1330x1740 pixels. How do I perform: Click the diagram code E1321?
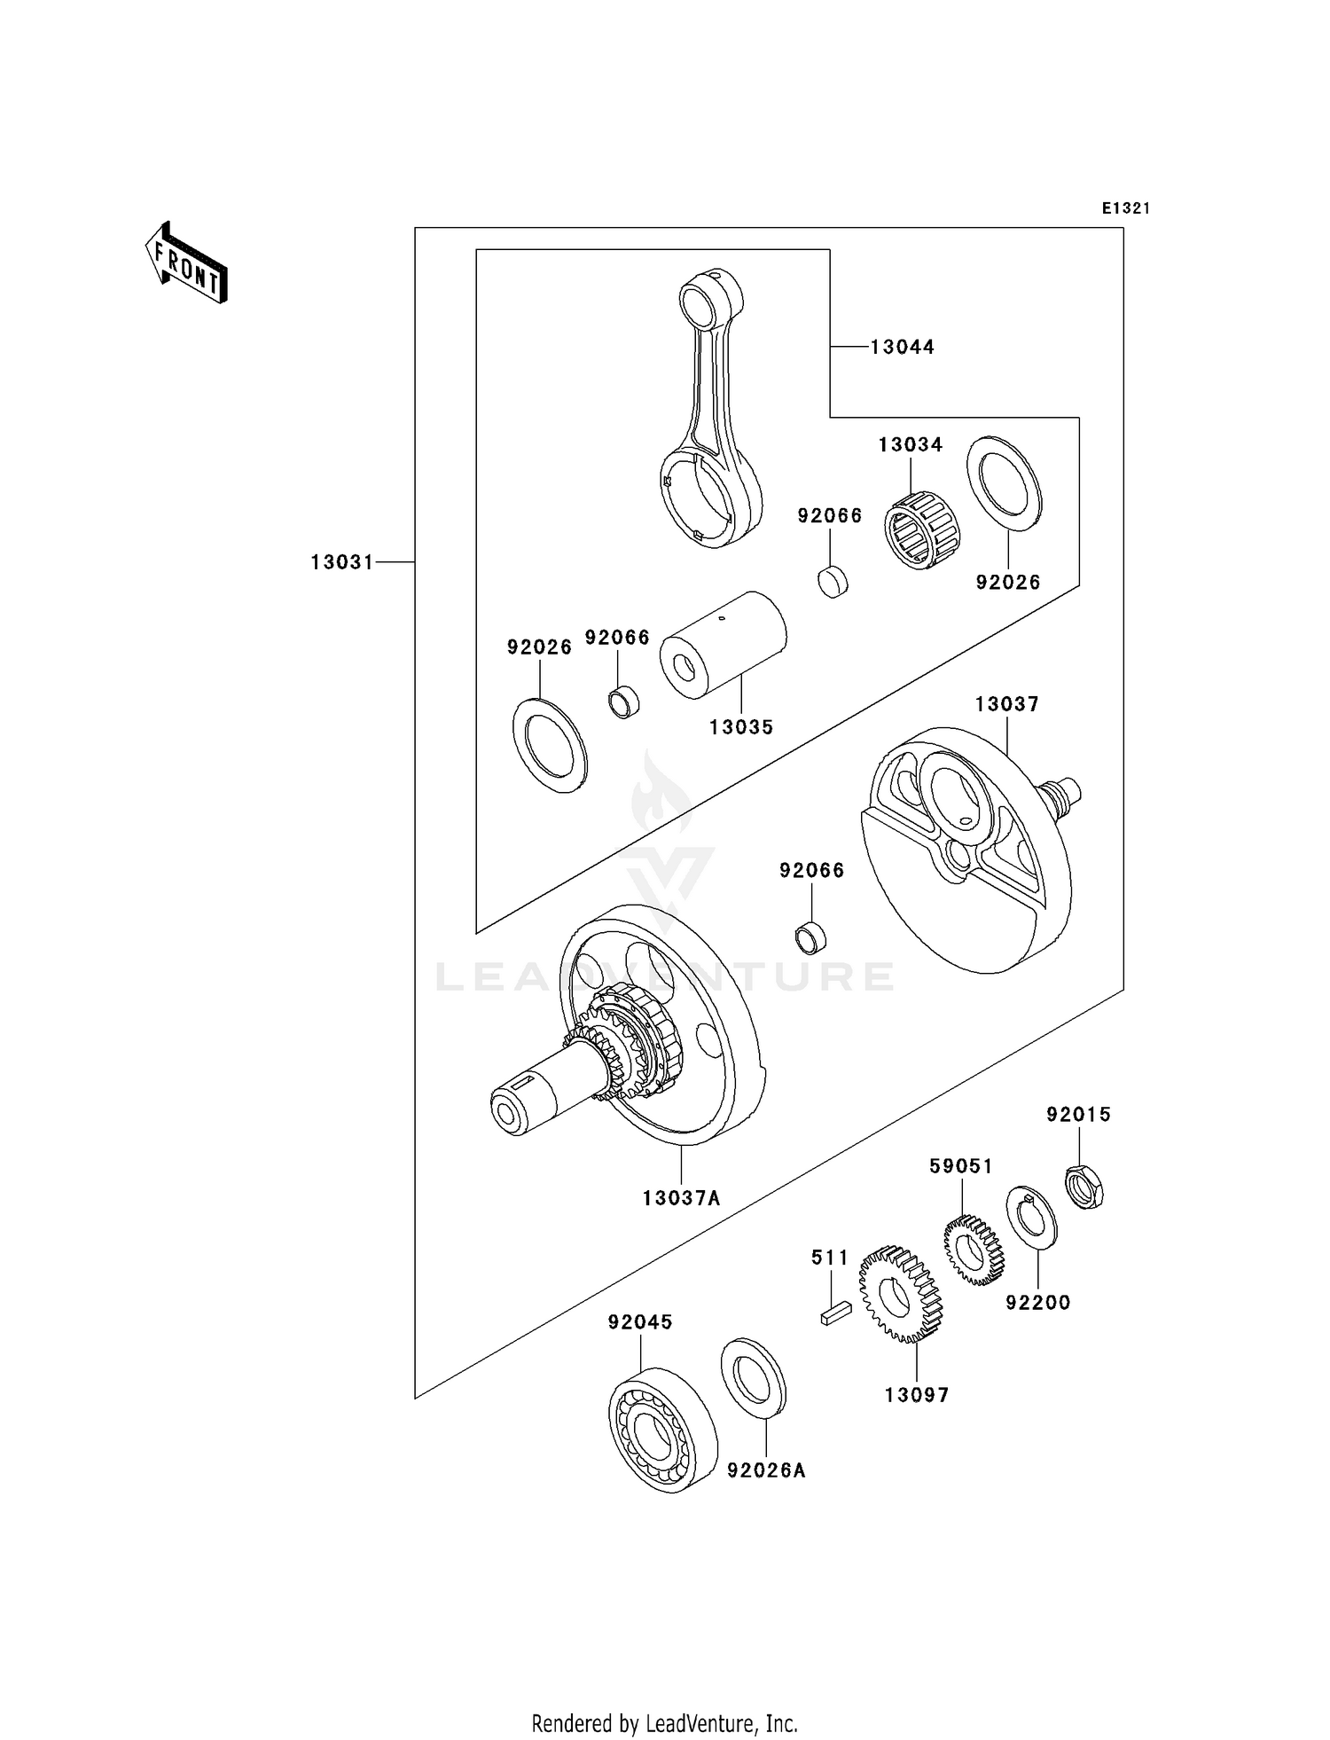(x=1125, y=209)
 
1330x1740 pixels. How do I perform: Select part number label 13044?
(x=902, y=347)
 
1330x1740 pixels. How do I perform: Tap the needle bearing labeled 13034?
(x=916, y=530)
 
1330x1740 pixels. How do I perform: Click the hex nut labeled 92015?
(x=1083, y=1187)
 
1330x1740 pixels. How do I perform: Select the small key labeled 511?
(x=835, y=1313)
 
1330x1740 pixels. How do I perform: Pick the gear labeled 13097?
(x=900, y=1294)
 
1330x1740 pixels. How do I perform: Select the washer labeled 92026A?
(x=754, y=1376)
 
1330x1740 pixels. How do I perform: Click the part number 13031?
(x=342, y=562)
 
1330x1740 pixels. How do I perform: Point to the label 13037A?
(x=681, y=1198)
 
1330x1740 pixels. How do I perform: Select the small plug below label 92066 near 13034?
(x=833, y=582)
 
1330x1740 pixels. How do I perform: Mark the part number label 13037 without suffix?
(x=1006, y=704)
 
